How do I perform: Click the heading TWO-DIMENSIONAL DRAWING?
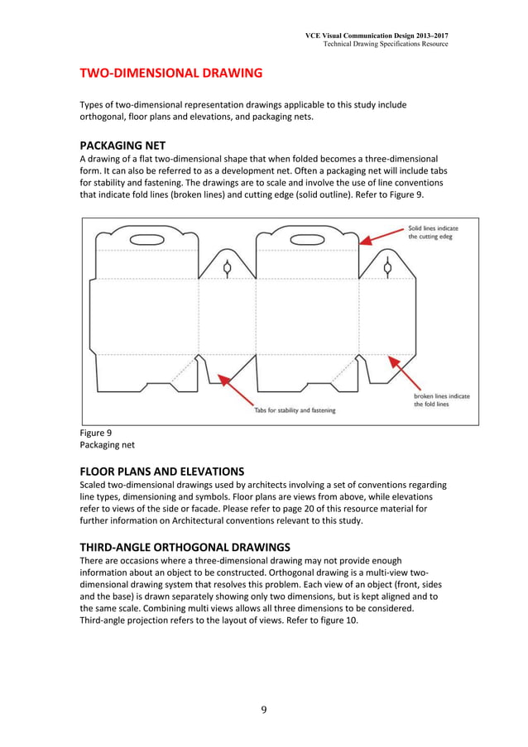(x=170, y=74)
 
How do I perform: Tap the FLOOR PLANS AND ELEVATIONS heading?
(x=161, y=472)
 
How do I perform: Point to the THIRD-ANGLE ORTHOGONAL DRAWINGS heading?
(x=184, y=547)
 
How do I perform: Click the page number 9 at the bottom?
(x=264, y=709)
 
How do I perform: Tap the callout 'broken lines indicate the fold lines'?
(x=441, y=400)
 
